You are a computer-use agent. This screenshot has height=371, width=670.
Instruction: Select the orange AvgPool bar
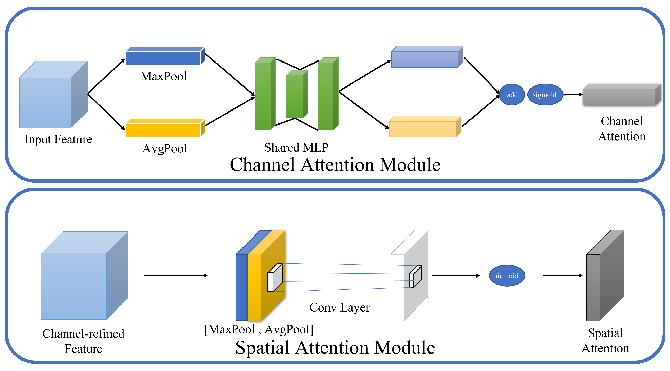163,130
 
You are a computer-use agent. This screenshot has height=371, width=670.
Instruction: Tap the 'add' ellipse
512,95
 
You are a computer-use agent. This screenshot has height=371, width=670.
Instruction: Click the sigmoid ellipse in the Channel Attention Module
545,95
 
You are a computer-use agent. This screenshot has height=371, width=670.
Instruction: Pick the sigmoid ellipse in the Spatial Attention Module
506,276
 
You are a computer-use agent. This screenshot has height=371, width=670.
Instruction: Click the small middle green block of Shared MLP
295,96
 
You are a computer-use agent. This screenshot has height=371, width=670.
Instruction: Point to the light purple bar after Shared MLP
424,59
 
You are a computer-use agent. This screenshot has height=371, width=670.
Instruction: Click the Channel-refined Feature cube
74,286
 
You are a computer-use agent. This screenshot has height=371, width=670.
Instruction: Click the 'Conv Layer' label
339,307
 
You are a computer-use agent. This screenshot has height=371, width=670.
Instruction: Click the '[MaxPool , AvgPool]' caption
259,330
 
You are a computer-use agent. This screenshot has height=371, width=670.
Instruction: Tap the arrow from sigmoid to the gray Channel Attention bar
573,95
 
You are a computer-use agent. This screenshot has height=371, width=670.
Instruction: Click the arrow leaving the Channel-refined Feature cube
176,276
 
